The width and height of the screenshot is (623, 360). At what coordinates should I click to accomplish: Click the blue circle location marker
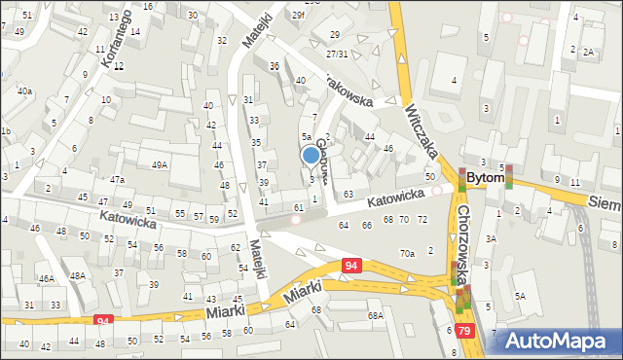311,154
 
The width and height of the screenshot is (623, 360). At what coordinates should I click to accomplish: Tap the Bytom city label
486,179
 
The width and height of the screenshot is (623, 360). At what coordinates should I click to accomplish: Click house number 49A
159,165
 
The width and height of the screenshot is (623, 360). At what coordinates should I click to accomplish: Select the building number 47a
117,180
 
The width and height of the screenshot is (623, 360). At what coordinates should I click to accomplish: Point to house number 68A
375,315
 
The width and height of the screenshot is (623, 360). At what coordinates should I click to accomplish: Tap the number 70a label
407,253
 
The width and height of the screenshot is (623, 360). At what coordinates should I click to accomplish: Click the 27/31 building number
338,54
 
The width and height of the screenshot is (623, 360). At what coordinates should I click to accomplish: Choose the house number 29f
298,15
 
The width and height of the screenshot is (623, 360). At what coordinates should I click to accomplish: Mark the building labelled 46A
45,278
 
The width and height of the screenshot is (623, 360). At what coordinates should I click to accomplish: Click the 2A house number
588,53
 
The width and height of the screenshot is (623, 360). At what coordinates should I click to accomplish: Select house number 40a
23,90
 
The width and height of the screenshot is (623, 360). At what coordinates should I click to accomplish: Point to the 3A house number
492,238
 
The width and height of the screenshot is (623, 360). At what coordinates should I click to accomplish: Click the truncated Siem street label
605,200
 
